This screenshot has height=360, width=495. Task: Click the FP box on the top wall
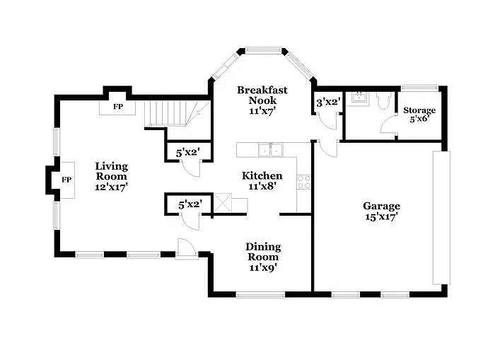click(118, 107)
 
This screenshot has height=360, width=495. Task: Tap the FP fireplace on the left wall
click(66, 180)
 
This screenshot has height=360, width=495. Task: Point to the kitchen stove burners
click(305, 182)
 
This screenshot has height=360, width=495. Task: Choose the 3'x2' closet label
click(328, 103)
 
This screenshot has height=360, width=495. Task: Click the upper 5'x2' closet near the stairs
click(187, 151)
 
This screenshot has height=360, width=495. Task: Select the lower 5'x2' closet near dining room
click(190, 204)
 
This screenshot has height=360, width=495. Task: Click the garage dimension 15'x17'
click(382, 217)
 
